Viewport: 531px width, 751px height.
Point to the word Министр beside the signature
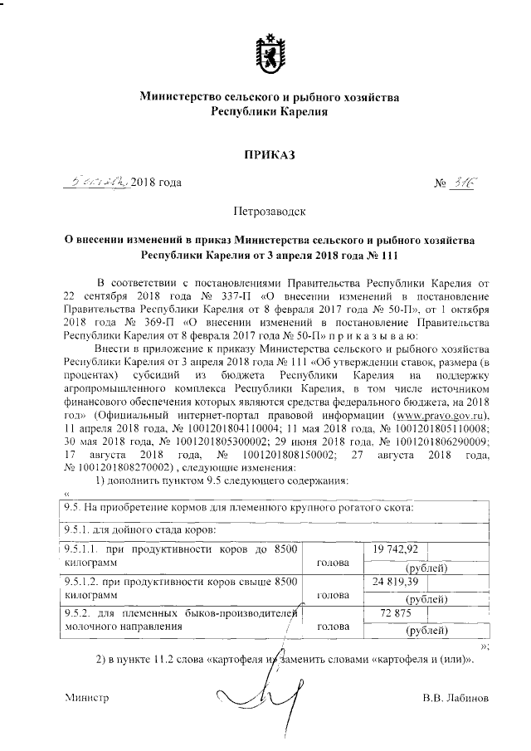coord(87,698)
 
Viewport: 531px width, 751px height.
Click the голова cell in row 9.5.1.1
coord(337,563)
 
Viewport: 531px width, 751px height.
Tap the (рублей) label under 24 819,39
coord(425,598)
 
